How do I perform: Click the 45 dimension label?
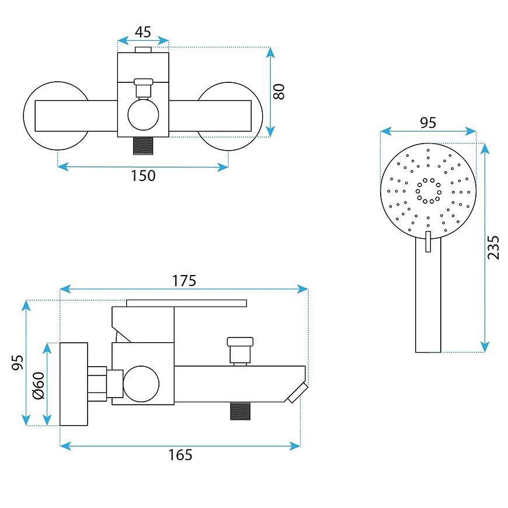143,32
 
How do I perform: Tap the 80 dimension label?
279,92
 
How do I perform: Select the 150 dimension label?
143,176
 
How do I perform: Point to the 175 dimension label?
184,281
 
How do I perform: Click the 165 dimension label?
180,455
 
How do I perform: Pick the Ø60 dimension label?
38,385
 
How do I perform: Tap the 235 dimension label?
493,247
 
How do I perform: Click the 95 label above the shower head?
428,123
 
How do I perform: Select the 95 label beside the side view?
18,363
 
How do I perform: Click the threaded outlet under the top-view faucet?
143,145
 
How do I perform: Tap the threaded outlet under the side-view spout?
240,411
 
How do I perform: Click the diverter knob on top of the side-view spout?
240,350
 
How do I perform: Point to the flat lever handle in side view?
186,303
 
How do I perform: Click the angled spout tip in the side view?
298,392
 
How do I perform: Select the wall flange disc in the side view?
74,384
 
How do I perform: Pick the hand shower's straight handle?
428,295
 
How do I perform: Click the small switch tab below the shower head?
428,241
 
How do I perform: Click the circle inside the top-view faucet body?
143,115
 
